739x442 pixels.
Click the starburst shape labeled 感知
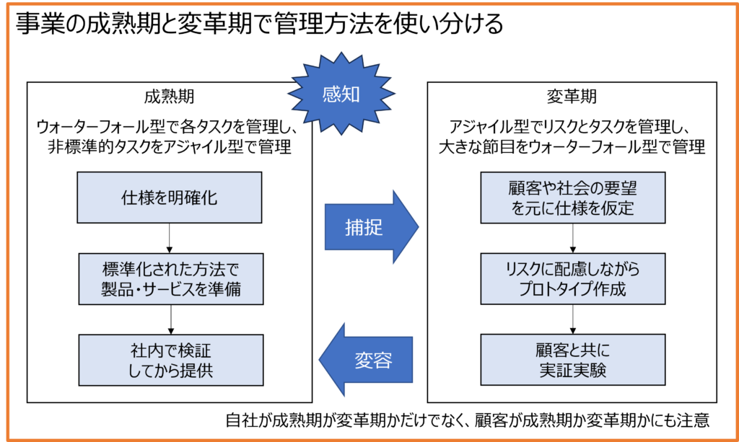point(341,94)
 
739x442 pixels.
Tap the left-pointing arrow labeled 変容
point(368,359)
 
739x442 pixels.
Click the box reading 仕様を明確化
point(169,198)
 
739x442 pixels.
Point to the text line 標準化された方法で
point(169,268)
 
